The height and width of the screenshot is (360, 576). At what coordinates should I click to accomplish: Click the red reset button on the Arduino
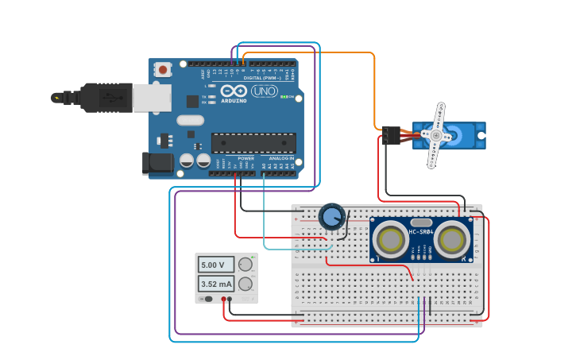point(163,70)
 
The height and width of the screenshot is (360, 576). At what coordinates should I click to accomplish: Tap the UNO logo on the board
point(264,91)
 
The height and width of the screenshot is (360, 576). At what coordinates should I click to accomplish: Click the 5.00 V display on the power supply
point(216,265)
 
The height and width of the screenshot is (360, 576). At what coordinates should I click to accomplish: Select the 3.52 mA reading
point(216,284)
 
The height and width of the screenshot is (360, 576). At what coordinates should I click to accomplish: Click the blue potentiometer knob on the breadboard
point(331,216)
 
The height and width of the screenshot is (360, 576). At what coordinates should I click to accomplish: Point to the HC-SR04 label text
point(421,232)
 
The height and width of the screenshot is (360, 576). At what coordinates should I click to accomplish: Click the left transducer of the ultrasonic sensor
point(391,238)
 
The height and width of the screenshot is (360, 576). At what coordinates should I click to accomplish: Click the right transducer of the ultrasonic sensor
point(452,238)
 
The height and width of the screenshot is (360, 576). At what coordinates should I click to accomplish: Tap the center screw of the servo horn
point(435,136)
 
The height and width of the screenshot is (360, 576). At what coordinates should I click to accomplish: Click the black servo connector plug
point(389,136)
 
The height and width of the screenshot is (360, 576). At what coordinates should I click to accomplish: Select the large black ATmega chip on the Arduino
point(253,143)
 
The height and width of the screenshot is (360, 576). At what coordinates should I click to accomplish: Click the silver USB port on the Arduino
point(151,98)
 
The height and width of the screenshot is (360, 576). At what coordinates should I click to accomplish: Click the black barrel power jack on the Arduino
point(157,163)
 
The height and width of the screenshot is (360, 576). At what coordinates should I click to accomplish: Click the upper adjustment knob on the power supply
point(245,265)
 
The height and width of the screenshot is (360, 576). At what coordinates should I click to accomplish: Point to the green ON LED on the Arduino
point(291,98)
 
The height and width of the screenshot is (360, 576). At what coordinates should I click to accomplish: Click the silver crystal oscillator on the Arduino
point(190,120)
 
